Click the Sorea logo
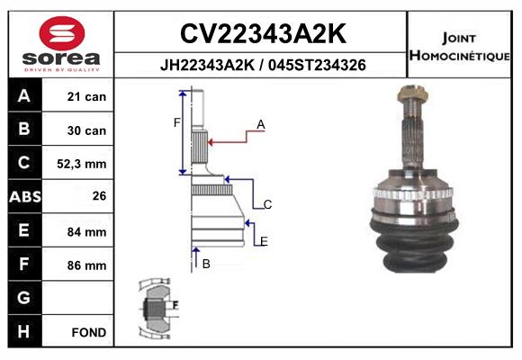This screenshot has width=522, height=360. click(x=61, y=43)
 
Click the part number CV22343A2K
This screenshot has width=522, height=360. click(x=262, y=34)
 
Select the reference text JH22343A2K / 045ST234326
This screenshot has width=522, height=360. click(x=262, y=66)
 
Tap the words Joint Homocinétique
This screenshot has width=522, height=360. click(x=461, y=47)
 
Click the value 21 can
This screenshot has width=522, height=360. click(x=87, y=97)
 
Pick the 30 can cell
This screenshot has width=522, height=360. click(x=87, y=130)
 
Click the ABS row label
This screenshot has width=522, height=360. click(x=24, y=197)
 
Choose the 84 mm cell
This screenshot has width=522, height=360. click(x=87, y=231)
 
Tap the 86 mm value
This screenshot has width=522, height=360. click(x=87, y=265)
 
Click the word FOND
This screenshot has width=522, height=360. click(x=89, y=332)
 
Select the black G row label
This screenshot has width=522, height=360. click(x=24, y=298)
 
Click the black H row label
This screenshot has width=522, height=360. click(x=24, y=331)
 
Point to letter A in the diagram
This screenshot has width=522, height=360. click(x=260, y=124)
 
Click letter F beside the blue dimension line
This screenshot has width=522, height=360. click(x=177, y=122)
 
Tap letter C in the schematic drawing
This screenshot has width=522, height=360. click(x=267, y=205)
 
